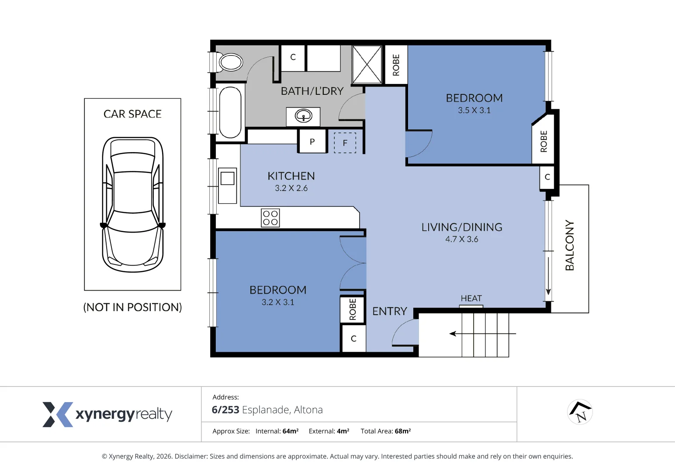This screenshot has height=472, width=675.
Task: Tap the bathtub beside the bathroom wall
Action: point(230,112)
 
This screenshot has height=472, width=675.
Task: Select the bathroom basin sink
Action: point(303,116)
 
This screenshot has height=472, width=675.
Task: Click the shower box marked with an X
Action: point(367,64)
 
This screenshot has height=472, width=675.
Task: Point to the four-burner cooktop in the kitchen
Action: point(270,218)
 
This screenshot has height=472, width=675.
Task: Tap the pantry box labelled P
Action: point(312,141)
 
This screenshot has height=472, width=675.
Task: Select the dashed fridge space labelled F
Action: point(345,142)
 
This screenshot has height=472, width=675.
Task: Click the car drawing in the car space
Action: point(132,205)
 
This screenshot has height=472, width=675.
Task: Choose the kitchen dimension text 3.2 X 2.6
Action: point(291,188)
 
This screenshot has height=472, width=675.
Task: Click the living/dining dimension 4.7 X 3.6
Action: point(462,239)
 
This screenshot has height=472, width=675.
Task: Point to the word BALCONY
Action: point(570,245)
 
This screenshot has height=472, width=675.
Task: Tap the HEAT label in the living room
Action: point(471,298)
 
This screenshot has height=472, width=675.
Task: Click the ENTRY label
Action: point(390,311)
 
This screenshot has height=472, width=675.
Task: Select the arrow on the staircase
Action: point(482,333)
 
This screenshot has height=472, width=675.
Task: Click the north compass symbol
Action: point(580,412)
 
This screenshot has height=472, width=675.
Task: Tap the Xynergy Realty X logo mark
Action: point(58,414)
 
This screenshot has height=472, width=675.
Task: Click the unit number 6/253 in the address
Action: point(225,410)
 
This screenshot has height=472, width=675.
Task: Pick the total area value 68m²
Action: point(402,431)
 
